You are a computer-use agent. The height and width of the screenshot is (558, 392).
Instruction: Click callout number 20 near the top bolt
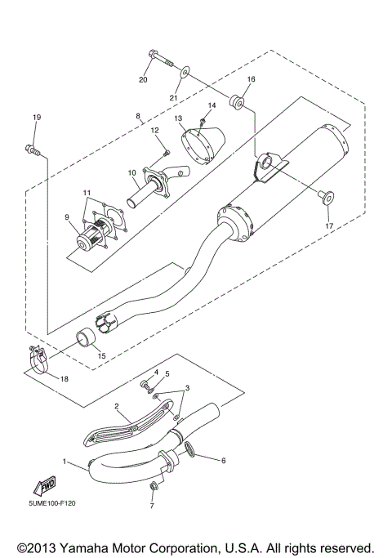143,80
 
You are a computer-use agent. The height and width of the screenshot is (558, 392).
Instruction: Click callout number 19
36,118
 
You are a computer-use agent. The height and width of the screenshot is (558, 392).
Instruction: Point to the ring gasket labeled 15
86,339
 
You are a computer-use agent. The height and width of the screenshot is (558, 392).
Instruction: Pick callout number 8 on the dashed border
137,117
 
